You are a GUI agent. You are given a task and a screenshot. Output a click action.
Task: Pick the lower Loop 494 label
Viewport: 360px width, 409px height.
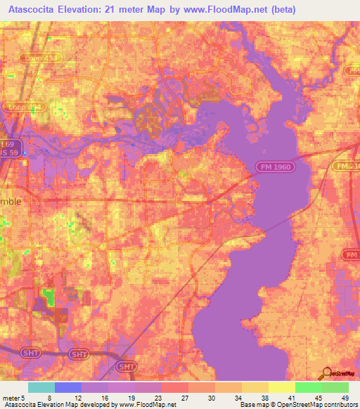26,107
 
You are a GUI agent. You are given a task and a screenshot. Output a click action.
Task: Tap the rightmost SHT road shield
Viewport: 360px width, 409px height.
127,366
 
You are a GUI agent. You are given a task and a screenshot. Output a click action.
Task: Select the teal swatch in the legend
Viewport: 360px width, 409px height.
41,387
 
